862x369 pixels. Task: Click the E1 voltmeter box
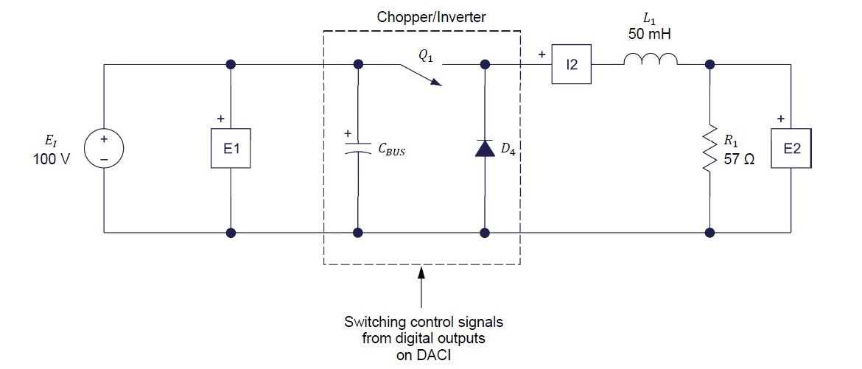[231, 149]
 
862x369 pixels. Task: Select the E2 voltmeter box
[791, 149]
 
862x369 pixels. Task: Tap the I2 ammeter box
[572, 65]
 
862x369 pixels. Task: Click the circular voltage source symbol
[104, 149]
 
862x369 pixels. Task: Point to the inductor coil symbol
[651, 60]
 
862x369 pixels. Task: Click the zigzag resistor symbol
[709, 149]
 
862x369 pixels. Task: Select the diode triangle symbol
[484, 149]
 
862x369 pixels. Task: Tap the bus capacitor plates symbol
[358, 149]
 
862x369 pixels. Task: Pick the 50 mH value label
[650, 34]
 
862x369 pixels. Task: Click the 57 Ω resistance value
[739, 159]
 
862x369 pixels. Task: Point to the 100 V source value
[51, 159]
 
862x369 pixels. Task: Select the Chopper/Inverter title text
[421, 17]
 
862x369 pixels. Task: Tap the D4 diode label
[508, 150]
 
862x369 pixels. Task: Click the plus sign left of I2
[542, 55]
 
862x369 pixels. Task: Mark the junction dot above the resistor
[709, 65]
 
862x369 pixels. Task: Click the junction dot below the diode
[484, 233]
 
